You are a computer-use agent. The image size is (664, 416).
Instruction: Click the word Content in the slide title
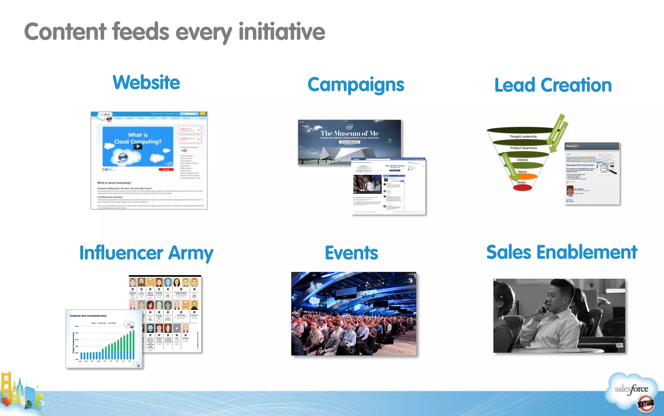click(65, 32)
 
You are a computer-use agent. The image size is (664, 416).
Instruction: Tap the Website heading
click(146, 82)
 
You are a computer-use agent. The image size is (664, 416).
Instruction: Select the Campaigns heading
click(356, 85)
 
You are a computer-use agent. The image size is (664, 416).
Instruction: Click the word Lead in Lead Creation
click(515, 85)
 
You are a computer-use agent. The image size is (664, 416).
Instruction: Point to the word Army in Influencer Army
click(191, 253)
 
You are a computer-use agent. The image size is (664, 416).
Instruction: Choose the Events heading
click(351, 253)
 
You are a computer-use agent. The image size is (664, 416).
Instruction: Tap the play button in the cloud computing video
click(138, 146)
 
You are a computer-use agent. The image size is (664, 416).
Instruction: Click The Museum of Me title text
click(350, 133)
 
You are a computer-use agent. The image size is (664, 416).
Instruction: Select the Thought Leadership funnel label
click(523, 136)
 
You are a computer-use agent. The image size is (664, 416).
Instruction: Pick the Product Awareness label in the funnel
click(524, 148)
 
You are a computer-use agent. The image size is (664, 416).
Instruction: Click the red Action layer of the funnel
click(522, 187)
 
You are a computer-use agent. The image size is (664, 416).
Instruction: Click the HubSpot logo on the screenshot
click(572, 146)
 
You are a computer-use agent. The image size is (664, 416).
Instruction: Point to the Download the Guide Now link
click(580, 165)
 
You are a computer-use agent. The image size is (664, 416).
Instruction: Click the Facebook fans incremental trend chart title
click(88, 316)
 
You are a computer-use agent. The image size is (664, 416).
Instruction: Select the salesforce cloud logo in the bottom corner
click(631, 389)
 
